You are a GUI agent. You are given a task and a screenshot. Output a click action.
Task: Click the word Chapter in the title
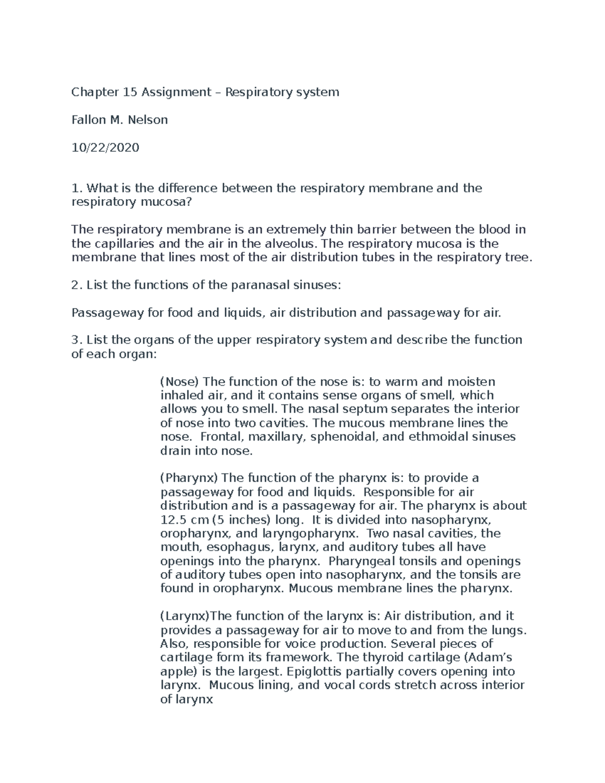pos(88,92)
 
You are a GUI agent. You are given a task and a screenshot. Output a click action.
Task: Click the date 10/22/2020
pos(105,148)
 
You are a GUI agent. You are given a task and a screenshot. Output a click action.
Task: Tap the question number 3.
pos(76,340)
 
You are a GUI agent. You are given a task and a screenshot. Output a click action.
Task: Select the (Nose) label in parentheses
pos(179,382)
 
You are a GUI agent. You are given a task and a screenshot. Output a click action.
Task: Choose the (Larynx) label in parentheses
pos(184,616)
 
